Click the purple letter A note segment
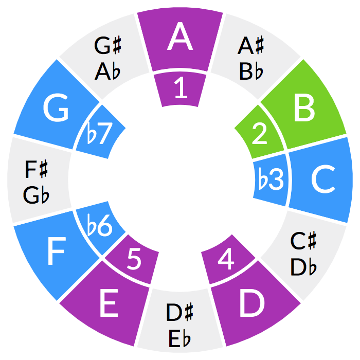tap(180, 39)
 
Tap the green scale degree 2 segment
tap(260, 133)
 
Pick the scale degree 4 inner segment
tap(227, 260)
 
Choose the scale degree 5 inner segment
tap(134, 260)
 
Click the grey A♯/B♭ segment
tap(251, 57)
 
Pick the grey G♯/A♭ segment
tap(109, 57)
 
